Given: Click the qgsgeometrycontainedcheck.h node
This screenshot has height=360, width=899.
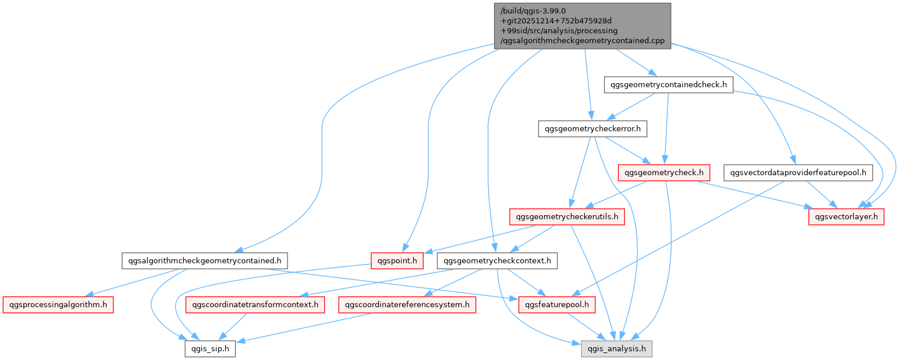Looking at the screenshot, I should coord(668,85).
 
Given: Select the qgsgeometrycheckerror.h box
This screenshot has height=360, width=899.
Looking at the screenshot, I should coord(592,129).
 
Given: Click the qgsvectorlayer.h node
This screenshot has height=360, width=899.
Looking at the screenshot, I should coord(846,217).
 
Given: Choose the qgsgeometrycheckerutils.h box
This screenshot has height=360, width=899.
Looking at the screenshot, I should coord(567,217).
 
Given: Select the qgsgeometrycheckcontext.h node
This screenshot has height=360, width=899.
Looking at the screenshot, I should coord(497,261).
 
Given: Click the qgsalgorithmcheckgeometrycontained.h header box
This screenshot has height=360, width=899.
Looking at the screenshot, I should coord(205,261).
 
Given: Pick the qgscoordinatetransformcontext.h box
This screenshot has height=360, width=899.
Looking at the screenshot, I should coord(255,304).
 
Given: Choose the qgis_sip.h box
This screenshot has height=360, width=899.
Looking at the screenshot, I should coord(210,348).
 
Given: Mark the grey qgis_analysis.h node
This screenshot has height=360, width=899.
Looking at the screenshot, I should coord(617,348).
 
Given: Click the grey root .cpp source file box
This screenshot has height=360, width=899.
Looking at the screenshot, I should coord(582,24).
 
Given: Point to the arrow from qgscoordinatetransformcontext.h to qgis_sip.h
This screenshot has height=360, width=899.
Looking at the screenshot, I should coord(233,326).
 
